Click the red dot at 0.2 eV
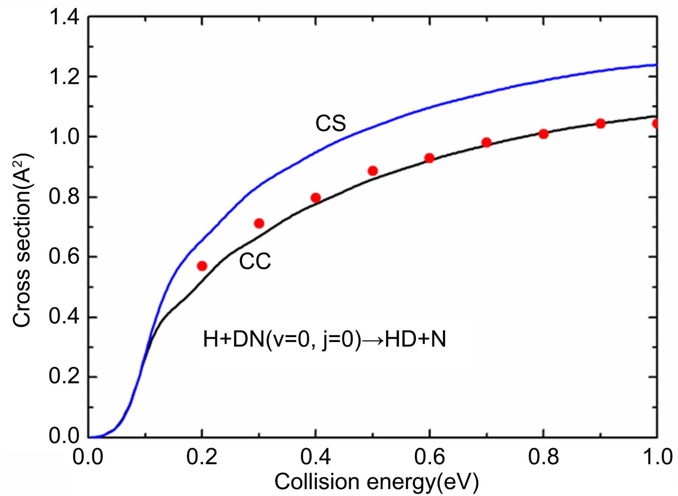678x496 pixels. (202, 266)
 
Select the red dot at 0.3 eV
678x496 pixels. (259, 223)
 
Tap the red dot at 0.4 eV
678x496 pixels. (316, 198)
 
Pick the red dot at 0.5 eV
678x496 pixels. (373, 171)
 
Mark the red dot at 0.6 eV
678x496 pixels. (430, 158)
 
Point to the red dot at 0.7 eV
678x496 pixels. (486, 142)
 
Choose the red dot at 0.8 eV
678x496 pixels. (543, 134)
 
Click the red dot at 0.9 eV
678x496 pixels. (600, 124)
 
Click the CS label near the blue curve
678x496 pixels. (331, 123)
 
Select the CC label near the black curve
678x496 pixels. (255, 261)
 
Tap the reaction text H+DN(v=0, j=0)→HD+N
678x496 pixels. (324, 339)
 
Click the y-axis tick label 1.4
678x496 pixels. (64, 17)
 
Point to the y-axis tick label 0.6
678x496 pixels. (64, 256)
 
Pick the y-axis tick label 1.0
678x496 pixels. (64, 137)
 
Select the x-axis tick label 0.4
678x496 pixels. (315, 457)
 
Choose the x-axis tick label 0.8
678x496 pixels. (543, 457)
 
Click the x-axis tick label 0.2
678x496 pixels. (202, 457)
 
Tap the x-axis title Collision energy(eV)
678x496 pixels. (376, 481)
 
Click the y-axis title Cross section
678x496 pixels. (22, 241)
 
